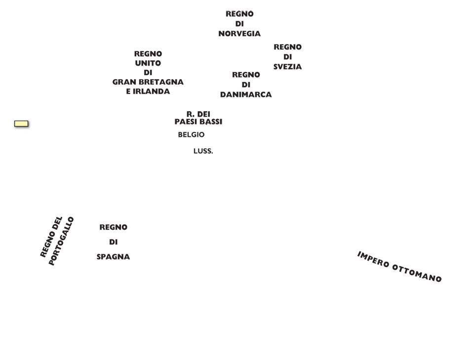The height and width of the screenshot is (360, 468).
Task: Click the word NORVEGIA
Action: point(239,34)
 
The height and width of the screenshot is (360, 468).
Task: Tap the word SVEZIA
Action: point(287,67)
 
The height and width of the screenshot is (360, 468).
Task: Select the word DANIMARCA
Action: point(246,95)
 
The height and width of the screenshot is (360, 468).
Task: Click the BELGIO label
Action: point(191,135)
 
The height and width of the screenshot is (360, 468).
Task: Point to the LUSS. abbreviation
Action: point(203,151)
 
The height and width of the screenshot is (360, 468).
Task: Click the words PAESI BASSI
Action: point(198,122)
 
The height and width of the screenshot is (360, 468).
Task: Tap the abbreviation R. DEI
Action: point(198,114)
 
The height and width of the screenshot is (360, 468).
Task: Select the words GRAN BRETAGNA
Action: point(148,82)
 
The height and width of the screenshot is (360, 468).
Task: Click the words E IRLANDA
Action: point(148,91)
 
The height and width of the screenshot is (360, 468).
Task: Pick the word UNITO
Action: point(148,63)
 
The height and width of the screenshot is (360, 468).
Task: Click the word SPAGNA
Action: point(113,257)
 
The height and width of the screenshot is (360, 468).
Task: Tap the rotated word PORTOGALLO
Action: point(61,241)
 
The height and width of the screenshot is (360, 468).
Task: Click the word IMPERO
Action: point(373,259)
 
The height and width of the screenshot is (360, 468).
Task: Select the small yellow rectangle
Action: point(21,123)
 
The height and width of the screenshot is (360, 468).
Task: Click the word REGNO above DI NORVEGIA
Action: point(239,14)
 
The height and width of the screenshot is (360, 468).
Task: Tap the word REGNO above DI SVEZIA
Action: point(287,47)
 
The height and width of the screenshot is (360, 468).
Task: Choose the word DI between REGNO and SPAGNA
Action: point(113,242)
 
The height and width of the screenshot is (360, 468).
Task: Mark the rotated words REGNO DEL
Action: point(51,237)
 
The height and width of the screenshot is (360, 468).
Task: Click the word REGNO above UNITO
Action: point(148,54)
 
